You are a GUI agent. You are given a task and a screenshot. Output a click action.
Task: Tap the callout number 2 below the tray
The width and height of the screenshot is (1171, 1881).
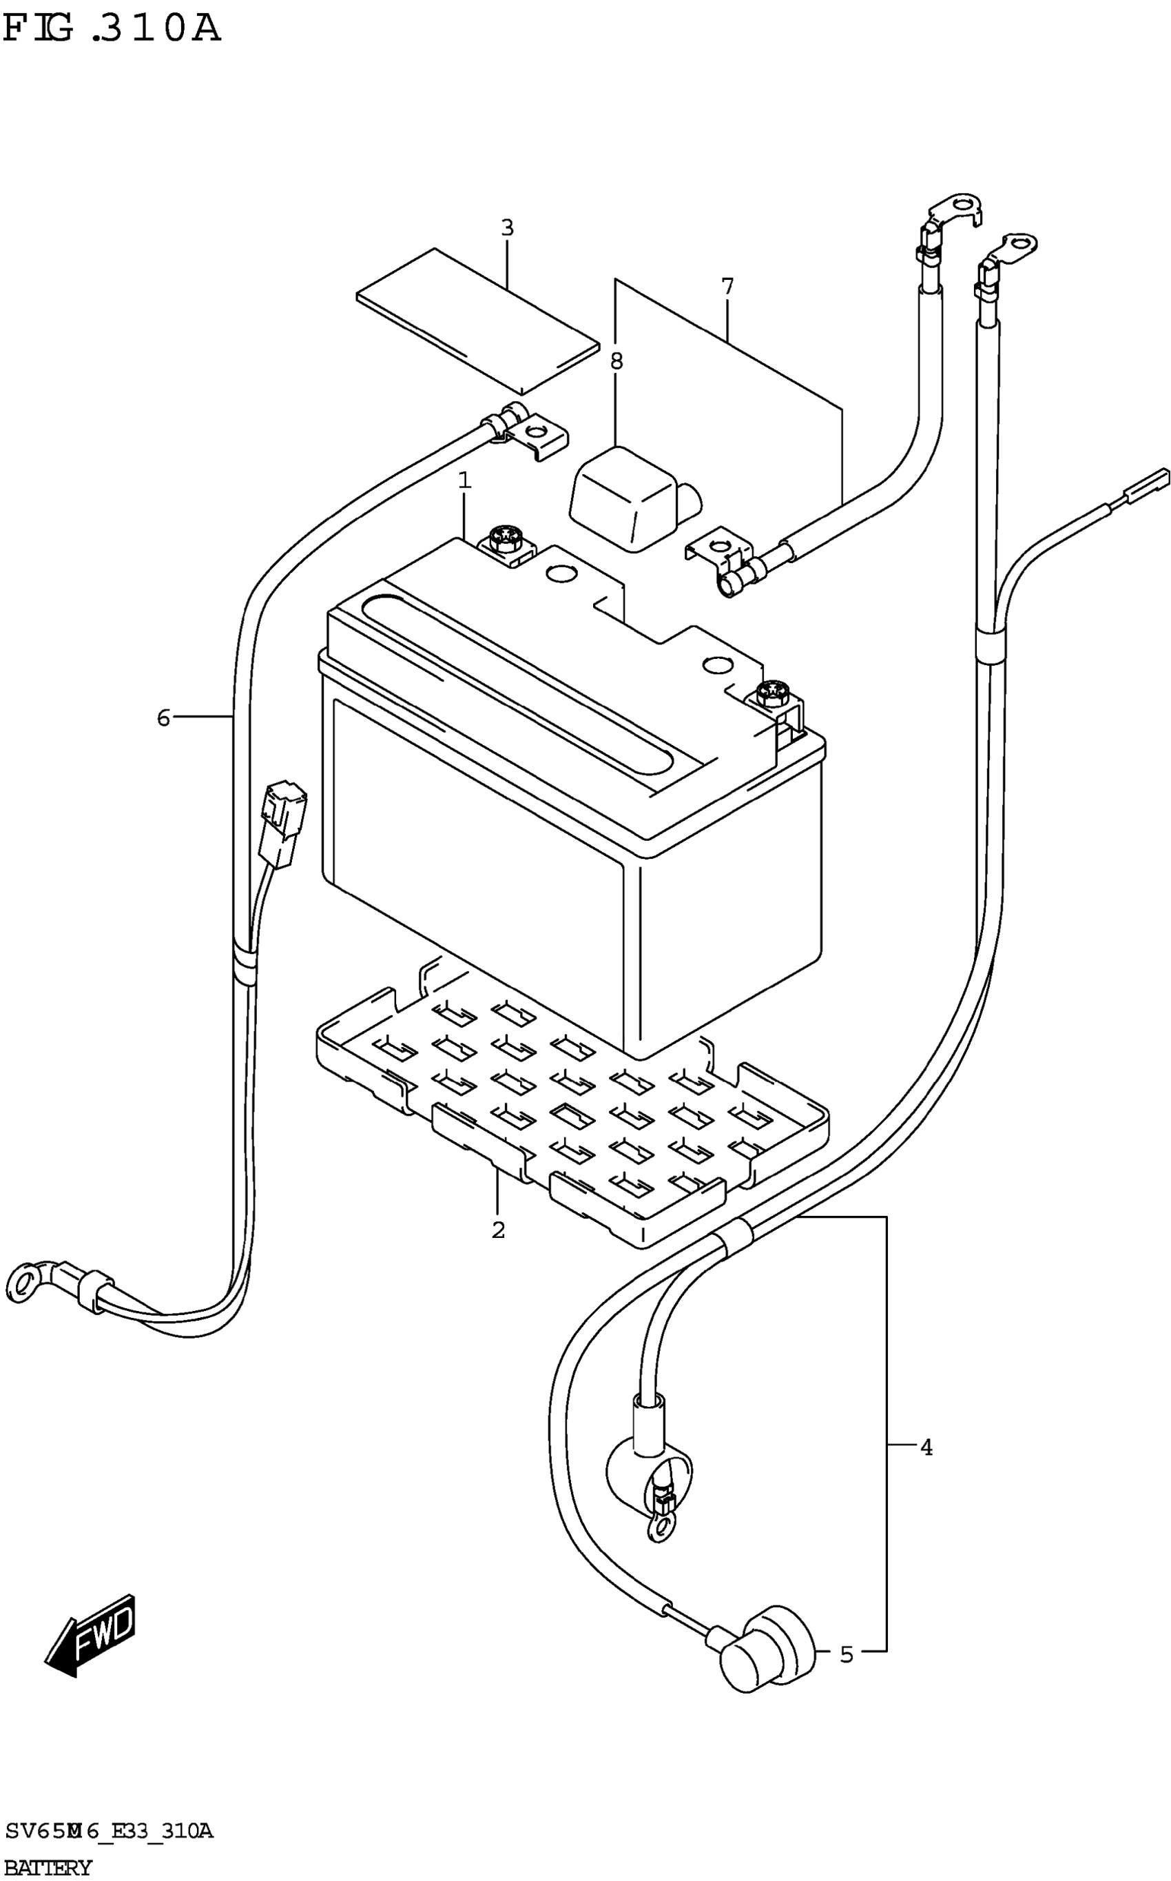[498, 1230]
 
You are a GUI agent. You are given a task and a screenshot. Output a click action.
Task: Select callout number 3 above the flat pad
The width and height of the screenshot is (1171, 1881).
[507, 229]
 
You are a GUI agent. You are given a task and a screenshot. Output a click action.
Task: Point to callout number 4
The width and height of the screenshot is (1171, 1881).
[926, 1447]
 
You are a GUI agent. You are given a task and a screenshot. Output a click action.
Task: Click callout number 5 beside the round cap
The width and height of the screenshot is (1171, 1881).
[847, 1655]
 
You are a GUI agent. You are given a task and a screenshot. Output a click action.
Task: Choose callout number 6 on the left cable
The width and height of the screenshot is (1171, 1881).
[163, 718]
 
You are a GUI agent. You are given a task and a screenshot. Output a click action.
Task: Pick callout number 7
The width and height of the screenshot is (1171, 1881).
[727, 287]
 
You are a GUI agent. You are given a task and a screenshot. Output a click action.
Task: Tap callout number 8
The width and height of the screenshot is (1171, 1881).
[616, 361]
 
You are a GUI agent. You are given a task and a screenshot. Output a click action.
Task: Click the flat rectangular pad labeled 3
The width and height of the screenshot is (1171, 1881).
[478, 321]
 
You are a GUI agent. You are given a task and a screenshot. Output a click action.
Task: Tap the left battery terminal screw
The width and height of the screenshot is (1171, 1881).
[504, 538]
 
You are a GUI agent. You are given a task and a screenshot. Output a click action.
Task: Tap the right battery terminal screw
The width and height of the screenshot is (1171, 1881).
[773, 691]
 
